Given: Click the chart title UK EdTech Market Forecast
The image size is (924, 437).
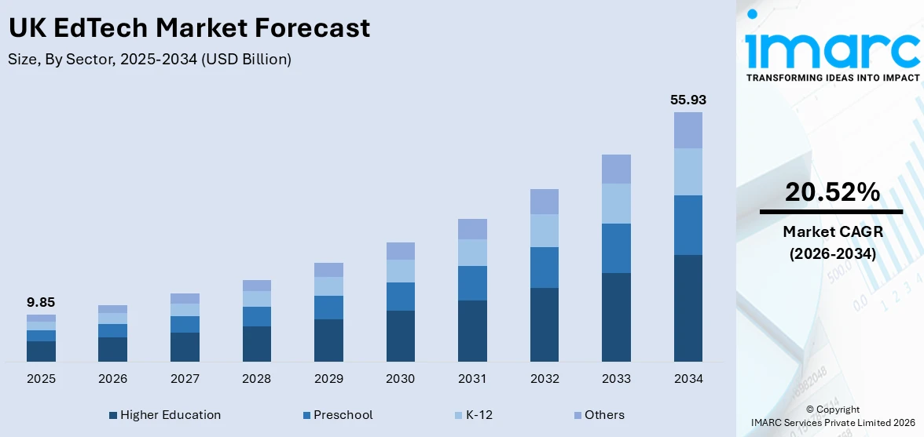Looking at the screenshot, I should tap(189, 28).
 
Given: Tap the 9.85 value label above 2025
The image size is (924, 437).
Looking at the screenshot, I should tap(41, 302).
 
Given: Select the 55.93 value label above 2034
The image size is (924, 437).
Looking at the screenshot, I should tap(688, 100).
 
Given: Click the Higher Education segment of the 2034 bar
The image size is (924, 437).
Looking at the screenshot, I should tap(688, 308).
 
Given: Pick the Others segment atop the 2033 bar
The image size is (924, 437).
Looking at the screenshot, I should tap(616, 169).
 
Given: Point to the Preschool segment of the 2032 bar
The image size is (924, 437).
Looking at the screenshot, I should tap(544, 268).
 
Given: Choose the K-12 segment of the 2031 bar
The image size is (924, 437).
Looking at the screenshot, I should tap(472, 253).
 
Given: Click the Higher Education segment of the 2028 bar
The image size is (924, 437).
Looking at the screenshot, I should tap(257, 344).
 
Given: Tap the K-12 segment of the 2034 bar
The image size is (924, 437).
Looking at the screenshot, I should tap(688, 172).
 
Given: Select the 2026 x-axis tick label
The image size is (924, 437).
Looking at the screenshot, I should tap(113, 379).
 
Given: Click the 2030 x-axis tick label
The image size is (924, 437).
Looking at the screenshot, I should tap(401, 379).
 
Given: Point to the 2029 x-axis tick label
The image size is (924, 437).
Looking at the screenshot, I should tap(328, 379).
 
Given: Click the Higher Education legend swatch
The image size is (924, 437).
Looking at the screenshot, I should tap(113, 415).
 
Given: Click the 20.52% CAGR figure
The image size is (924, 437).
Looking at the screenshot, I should tap(832, 192).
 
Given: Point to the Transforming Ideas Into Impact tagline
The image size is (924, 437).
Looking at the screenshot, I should tap(832, 78).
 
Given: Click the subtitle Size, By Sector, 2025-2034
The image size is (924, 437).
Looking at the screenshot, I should tap(149, 60).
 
